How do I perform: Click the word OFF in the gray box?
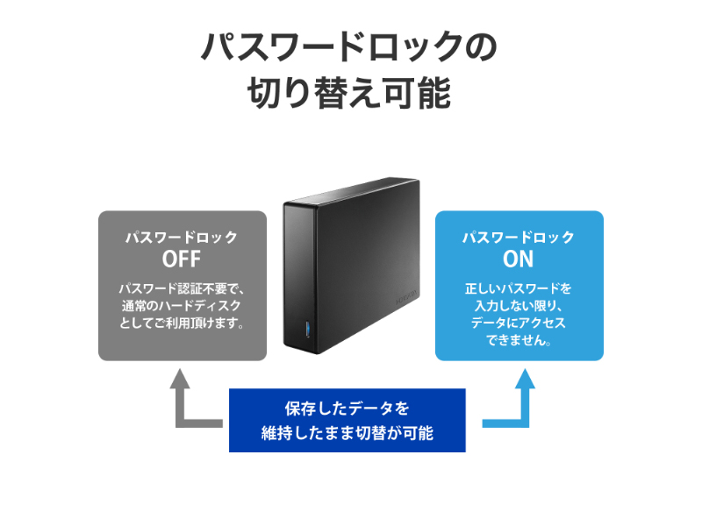[x=182, y=259]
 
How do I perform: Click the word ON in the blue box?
[x=519, y=259]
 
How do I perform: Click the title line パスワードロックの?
[x=349, y=47]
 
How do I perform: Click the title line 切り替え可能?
[x=349, y=93]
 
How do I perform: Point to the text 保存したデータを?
[x=347, y=408]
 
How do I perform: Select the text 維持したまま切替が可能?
[x=347, y=433]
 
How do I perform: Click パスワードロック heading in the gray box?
[x=182, y=238]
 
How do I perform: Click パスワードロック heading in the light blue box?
[x=519, y=238]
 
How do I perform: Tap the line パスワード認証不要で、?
[x=182, y=288]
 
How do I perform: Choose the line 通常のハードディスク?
[x=182, y=305]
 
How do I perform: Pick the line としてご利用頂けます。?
[x=182, y=323]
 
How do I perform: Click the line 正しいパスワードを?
[x=519, y=288]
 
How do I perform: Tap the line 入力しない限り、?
[x=519, y=305]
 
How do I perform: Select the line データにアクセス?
[x=519, y=323]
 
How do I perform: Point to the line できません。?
[x=519, y=340]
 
